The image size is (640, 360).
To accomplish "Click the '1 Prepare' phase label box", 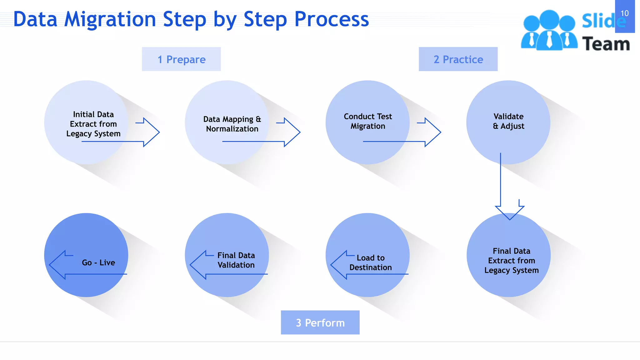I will (x=181, y=59).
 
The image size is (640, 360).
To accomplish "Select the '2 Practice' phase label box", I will (x=458, y=59).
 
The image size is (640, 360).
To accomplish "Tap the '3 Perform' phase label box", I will (x=320, y=322).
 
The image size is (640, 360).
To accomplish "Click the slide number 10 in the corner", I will (x=624, y=13).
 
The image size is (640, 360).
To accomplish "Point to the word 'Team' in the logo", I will (x=606, y=44).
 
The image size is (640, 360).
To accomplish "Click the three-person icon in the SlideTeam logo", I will (x=549, y=31).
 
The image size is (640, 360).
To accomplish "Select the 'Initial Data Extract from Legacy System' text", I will (x=93, y=124).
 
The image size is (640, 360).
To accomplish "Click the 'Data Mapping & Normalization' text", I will (x=232, y=124).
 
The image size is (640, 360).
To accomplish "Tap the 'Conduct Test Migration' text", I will (x=368, y=121).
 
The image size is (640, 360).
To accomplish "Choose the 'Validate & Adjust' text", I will (x=508, y=121).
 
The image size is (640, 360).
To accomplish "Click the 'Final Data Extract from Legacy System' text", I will (x=512, y=261).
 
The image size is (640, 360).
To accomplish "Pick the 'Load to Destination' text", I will (x=371, y=262).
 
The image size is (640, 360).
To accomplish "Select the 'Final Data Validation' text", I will (x=236, y=260).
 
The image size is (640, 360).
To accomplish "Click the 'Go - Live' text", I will (x=98, y=262).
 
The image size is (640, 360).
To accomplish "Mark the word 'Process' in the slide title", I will (x=332, y=19).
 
